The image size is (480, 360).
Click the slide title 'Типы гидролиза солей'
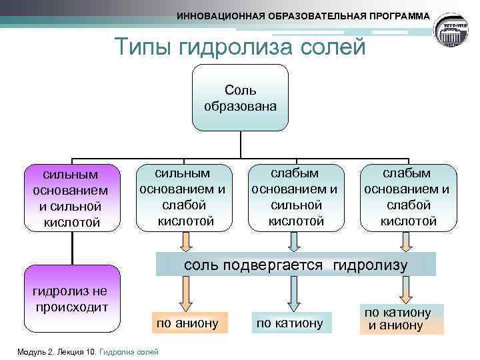click(240, 47)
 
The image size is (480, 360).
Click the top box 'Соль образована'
click(240, 97)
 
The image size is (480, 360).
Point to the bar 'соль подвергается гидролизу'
click(295, 265)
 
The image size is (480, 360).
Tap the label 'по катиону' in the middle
click(289, 323)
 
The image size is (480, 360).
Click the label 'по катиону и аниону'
click(398, 319)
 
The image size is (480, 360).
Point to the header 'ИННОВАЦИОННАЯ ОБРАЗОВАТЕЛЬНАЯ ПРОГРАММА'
click(303, 15)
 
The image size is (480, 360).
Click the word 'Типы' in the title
click(139, 47)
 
